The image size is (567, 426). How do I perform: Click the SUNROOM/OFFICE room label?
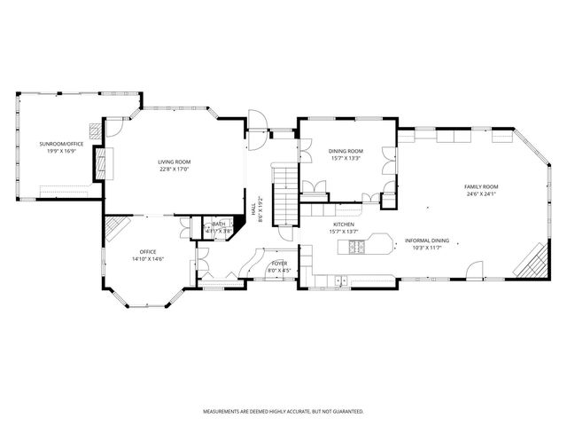click(61, 143)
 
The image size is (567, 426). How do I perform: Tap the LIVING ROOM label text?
click(175, 162)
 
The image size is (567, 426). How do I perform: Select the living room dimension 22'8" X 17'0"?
click(175, 169)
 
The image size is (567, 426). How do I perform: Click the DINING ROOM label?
click(346, 151)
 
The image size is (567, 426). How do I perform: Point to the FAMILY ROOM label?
click(481, 186)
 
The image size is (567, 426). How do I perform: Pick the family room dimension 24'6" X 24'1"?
click(481, 193)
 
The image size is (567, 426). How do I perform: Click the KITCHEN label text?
click(344, 224)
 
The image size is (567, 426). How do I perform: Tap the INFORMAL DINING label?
click(427, 241)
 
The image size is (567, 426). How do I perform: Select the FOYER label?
click(279, 263)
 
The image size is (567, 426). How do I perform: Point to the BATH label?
click(218, 225)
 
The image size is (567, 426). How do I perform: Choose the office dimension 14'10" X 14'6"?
click(149, 258)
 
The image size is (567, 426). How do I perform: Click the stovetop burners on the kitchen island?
click(357, 248)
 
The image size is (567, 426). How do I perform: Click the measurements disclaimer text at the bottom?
click(283, 412)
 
